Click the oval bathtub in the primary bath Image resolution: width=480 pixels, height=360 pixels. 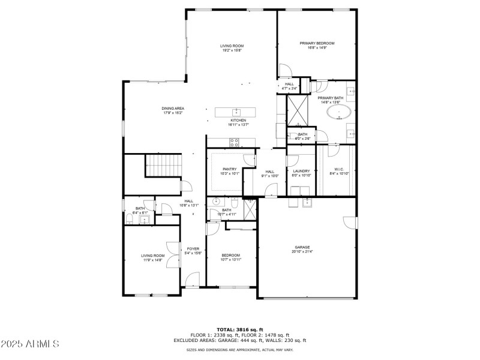344,112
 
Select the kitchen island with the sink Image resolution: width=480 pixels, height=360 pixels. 236,112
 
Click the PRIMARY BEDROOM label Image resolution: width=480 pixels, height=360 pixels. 317,43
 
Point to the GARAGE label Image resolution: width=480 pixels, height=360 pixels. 302,247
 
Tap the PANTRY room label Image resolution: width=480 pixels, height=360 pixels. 229,169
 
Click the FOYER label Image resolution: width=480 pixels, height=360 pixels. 193,248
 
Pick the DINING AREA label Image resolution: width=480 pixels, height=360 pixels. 172,109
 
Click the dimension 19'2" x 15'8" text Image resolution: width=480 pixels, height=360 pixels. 232,51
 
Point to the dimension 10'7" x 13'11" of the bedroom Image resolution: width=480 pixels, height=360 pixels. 230,260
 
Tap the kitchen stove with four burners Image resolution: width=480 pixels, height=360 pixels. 235,142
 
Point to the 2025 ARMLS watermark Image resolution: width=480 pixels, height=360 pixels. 31,344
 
